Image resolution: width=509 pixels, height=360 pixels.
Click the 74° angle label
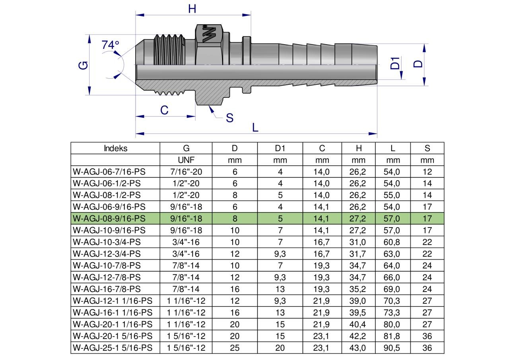click(x=110, y=45)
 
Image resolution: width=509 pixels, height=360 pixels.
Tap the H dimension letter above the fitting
click(x=192, y=9)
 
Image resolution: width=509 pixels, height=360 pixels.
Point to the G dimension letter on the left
click(x=83, y=66)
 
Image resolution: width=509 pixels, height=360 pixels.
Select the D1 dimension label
click(x=395, y=63)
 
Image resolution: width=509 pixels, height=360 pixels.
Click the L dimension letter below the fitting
click(x=255, y=128)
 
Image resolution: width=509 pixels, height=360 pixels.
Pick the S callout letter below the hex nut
click(x=229, y=118)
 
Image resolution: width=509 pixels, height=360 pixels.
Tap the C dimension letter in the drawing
click(x=164, y=111)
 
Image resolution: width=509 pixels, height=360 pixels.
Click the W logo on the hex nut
click(x=209, y=34)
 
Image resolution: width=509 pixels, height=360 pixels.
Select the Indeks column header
click(x=115, y=148)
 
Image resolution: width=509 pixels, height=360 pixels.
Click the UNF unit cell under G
click(x=186, y=160)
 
